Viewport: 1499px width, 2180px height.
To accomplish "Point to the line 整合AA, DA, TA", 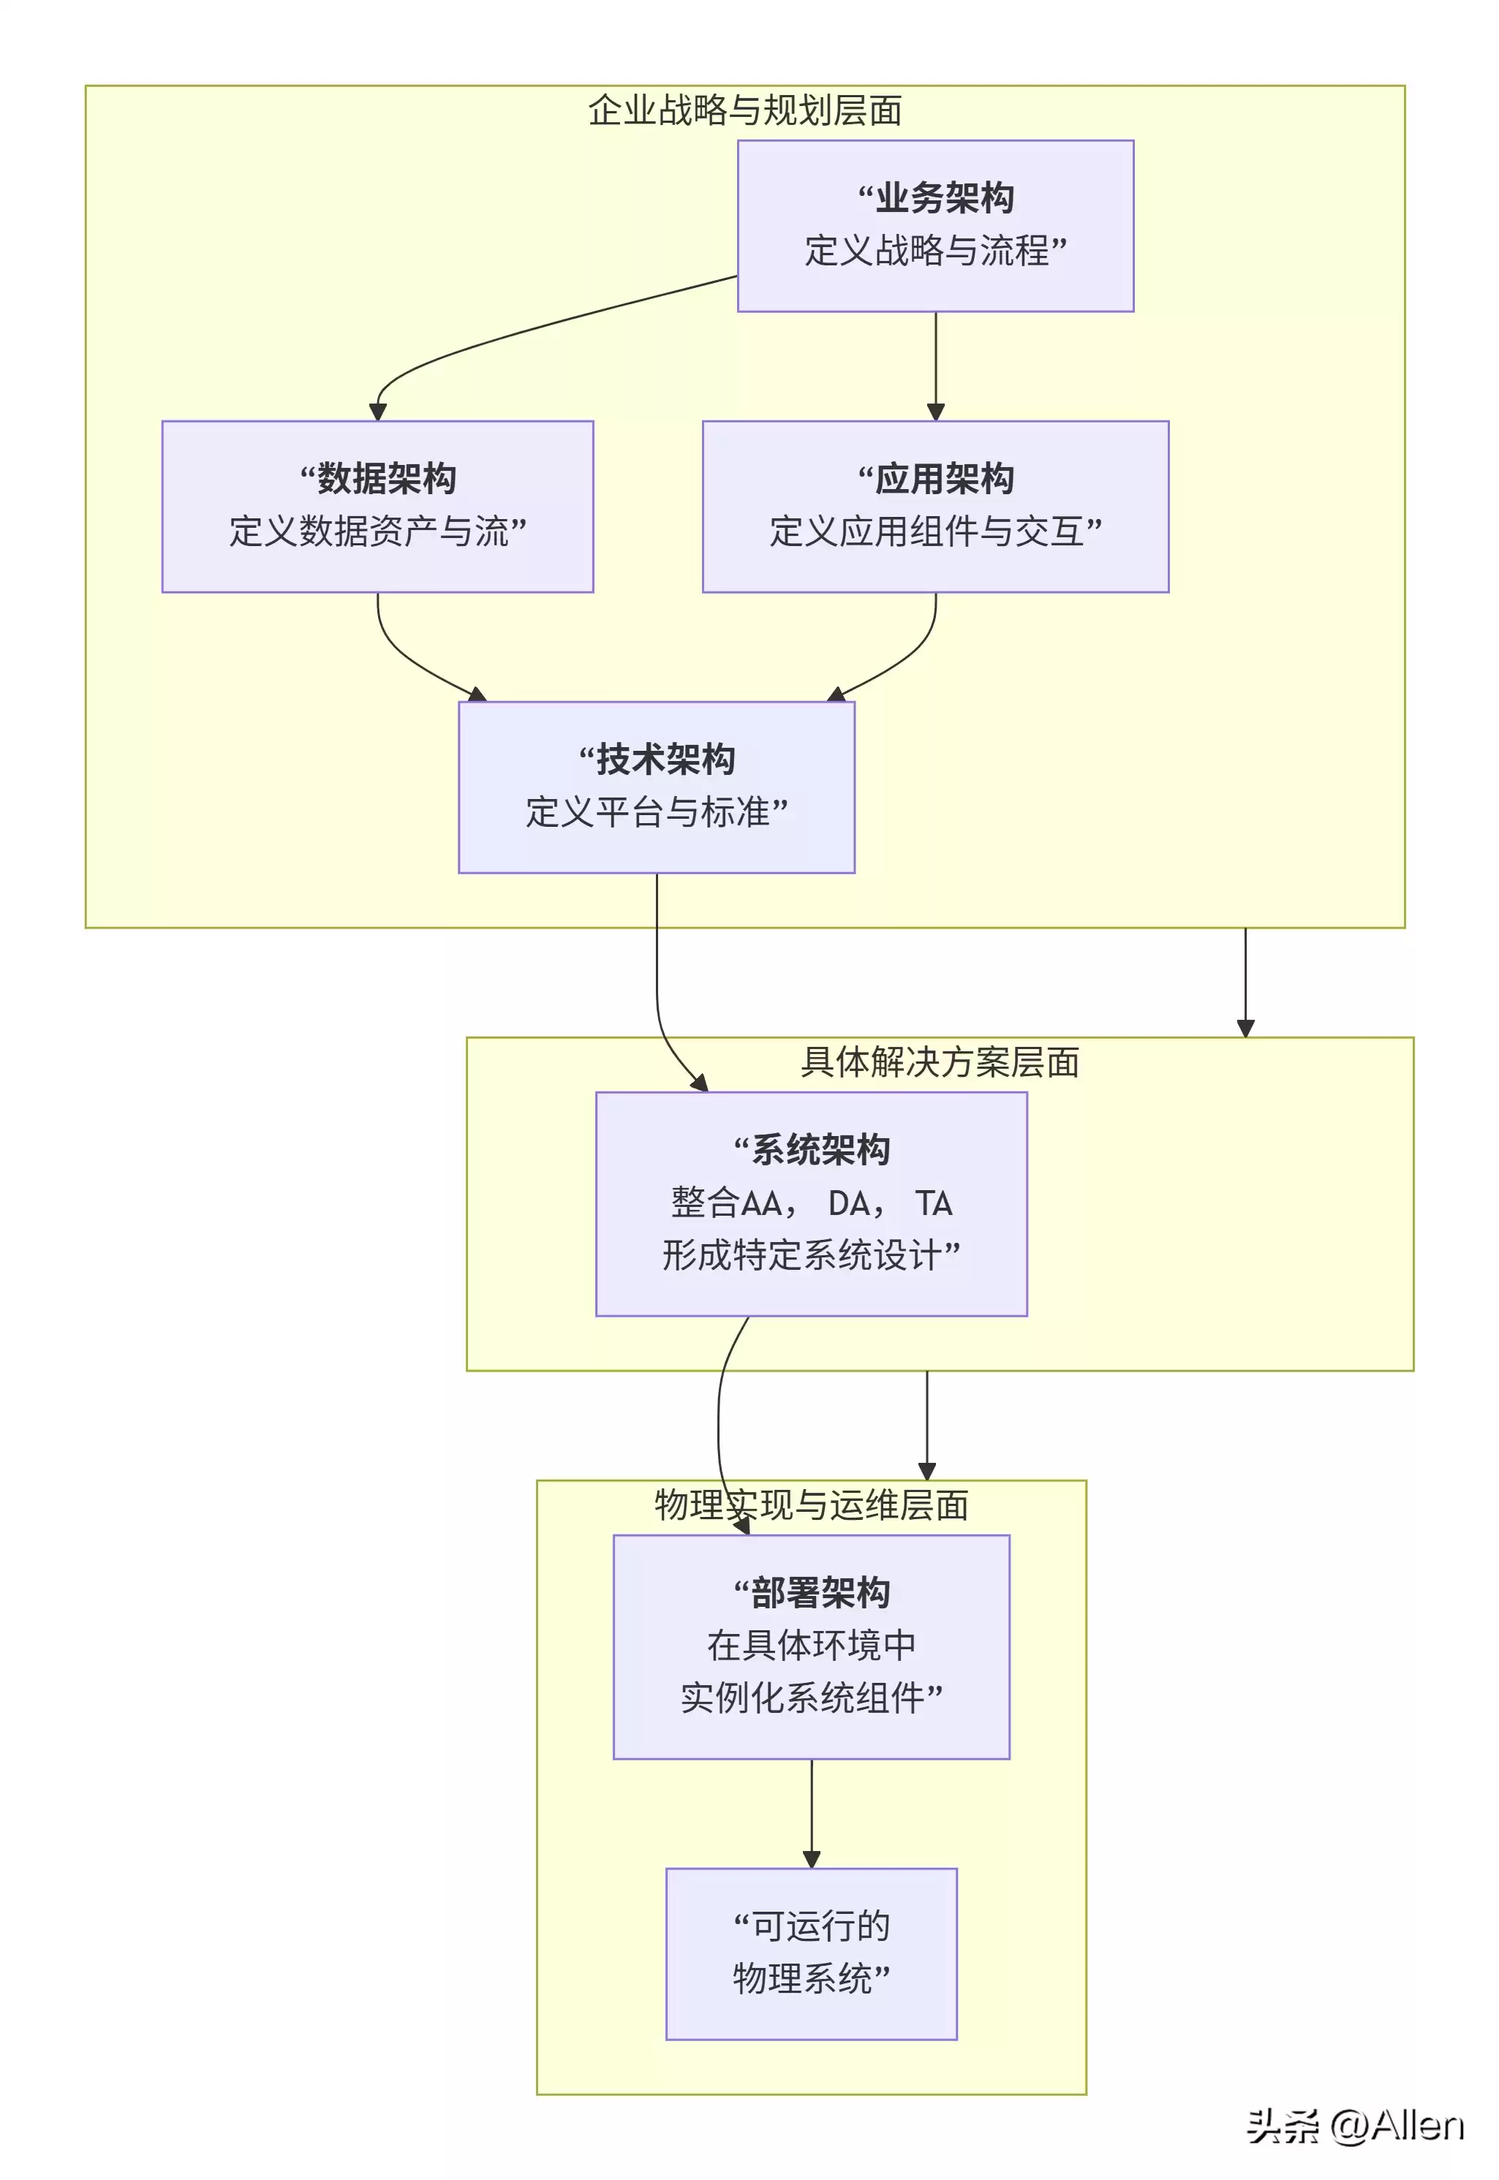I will (812, 1203).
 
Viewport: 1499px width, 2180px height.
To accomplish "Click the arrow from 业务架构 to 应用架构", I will (935, 366).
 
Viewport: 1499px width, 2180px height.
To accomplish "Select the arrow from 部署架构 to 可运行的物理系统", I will (812, 1812).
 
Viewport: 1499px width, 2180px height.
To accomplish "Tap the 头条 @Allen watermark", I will (1354, 2127).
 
